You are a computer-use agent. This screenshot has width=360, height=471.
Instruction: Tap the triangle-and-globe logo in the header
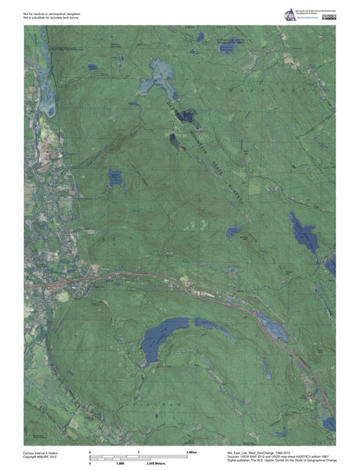(289, 14)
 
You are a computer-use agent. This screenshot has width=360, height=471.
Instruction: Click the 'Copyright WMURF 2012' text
(41, 457)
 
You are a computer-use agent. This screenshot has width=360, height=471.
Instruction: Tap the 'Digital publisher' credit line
(281, 462)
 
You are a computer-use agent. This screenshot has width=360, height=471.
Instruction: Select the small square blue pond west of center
(115, 178)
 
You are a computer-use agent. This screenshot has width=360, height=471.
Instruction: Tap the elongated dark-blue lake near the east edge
(304, 233)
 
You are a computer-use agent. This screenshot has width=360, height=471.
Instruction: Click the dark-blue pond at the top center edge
(199, 36)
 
